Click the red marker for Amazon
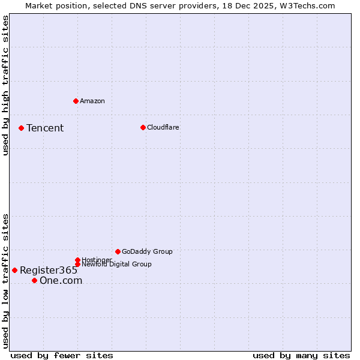tap(76, 101)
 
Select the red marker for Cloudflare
tap(143, 127)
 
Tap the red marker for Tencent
tap(21, 128)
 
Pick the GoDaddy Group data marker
tap(118, 251)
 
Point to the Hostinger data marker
tap(77, 260)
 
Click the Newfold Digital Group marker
tap(77, 264)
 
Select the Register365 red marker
tap(14, 270)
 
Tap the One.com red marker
tap(34, 280)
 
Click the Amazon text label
tap(92, 101)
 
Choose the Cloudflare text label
tap(163, 128)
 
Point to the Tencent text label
tap(45, 128)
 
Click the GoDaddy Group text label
tap(147, 252)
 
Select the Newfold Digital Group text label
tap(116, 265)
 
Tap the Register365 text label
tap(49, 271)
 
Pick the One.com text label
tap(61, 281)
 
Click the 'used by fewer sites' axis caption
tap(62, 355)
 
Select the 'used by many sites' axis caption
tap(301, 355)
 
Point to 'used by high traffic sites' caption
tap(5, 85)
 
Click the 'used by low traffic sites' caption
tap(5, 281)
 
